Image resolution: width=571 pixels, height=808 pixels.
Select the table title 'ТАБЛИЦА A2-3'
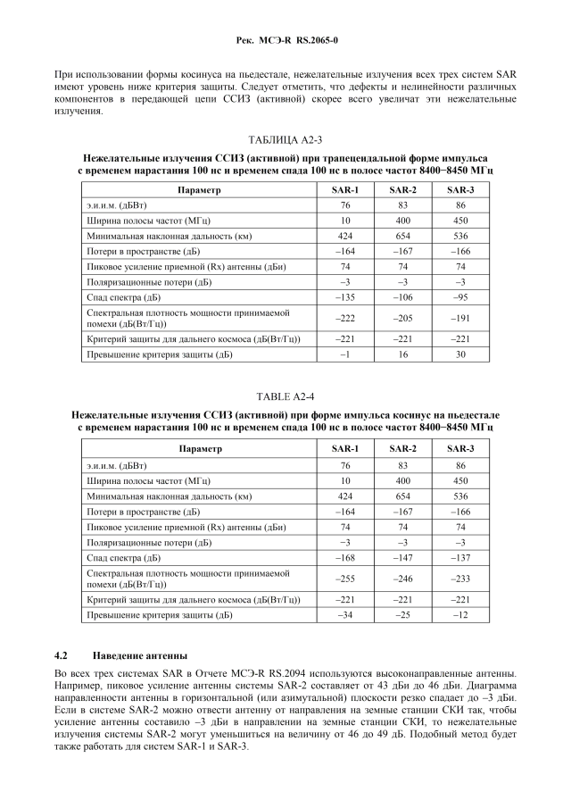(285, 141)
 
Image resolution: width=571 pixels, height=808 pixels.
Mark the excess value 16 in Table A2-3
(402, 354)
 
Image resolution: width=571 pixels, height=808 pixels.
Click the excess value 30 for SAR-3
(460, 354)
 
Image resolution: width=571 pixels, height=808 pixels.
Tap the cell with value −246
(402, 579)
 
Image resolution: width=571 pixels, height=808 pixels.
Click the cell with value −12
(460, 615)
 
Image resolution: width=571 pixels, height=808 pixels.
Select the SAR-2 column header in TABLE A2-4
(402, 448)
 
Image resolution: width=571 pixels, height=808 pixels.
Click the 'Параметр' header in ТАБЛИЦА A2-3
(199, 190)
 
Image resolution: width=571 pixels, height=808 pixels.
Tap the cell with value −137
(460, 557)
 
